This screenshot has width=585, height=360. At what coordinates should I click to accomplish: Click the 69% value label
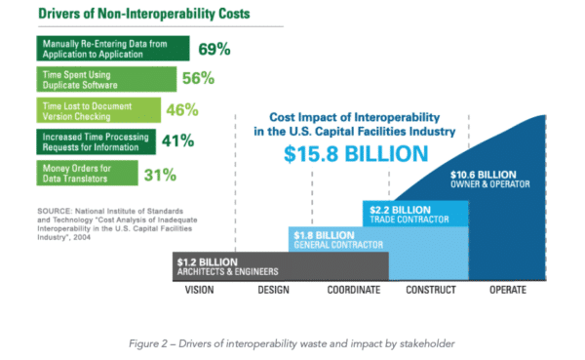(x=215, y=49)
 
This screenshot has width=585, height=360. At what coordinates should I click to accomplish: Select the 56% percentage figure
(x=198, y=79)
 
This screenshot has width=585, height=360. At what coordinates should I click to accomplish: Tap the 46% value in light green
(x=183, y=110)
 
